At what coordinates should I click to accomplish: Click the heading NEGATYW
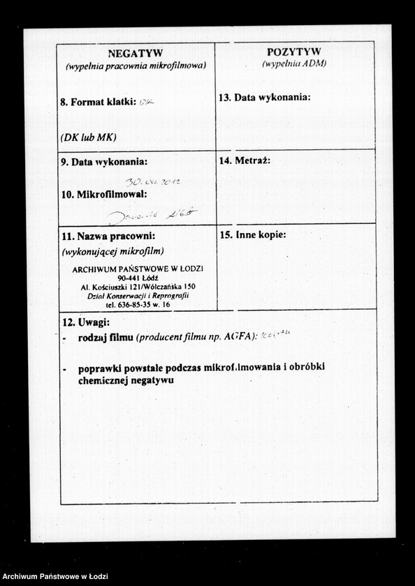pyautogui.click(x=136, y=54)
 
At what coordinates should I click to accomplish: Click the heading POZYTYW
pyautogui.click(x=294, y=52)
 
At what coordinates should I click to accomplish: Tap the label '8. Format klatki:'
pyautogui.click(x=98, y=102)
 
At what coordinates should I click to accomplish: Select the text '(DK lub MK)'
pyautogui.click(x=88, y=137)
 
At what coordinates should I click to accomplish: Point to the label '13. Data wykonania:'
pyautogui.click(x=265, y=98)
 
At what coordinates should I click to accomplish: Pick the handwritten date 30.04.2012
pyautogui.click(x=153, y=181)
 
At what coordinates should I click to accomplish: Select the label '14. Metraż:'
pyautogui.click(x=245, y=160)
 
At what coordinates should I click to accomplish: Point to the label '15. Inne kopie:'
pyautogui.click(x=253, y=235)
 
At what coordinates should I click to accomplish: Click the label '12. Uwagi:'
pyautogui.click(x=86, y=322)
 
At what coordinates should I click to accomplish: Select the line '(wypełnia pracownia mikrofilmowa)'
pyautogui.click(x=136, y=66)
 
